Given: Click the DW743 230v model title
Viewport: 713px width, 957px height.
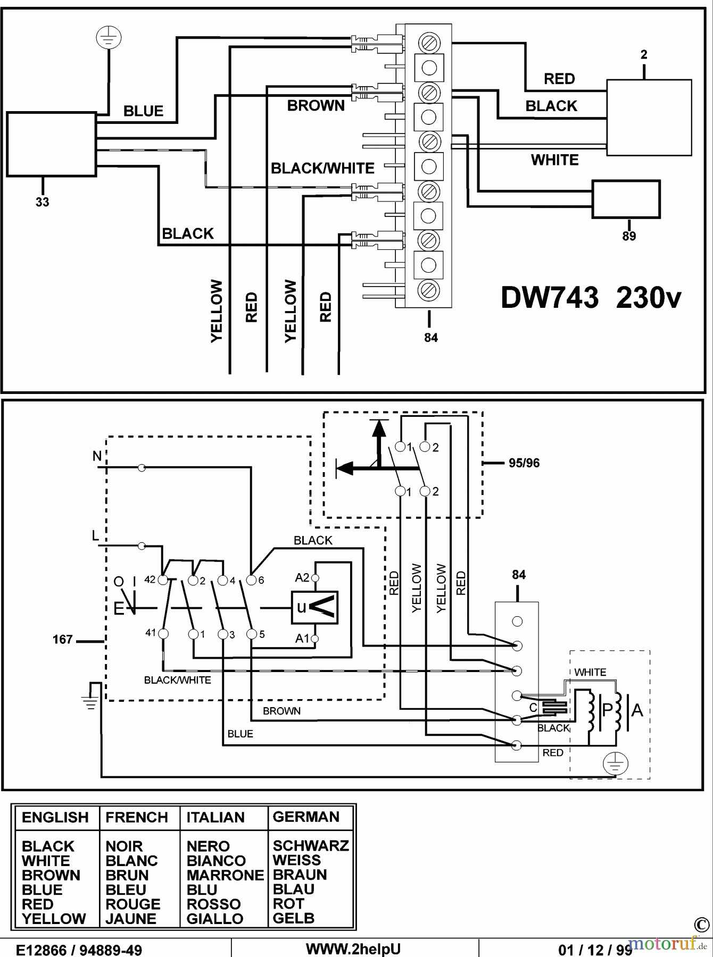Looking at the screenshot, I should [x=591, y=298].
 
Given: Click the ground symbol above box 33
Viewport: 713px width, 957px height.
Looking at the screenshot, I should [x=109, y=38].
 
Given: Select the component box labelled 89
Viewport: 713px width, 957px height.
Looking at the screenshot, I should [x=626, y=199].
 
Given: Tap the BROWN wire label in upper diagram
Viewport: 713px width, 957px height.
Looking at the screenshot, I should [x=316, y=106].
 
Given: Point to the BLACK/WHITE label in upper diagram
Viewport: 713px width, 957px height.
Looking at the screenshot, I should [x=322, y=169].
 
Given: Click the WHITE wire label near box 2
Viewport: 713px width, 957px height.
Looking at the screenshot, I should [x=554, y=160].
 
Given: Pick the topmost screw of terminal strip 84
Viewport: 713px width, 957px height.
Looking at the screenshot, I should [x=429, y=42].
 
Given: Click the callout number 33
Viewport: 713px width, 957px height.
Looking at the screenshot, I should [x=43, y=202].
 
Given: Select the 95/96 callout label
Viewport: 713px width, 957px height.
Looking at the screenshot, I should [x=524, y=463].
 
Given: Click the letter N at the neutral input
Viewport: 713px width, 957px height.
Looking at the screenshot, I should [x=97, y=456].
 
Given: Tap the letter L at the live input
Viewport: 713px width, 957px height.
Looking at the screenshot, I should [x=96, y=536].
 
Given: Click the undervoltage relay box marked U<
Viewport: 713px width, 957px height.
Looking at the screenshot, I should [x=314, y=607].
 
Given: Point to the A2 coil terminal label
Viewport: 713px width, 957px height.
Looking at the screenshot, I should [x=302, y=578].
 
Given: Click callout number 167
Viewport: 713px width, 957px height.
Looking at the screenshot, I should [x=62, y=640].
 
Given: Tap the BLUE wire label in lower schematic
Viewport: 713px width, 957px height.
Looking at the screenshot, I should [x=240, y=734].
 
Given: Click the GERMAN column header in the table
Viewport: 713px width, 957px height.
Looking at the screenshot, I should [x=306, y=817].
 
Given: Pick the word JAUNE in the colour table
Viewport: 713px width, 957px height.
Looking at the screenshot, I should [x=131, y=919].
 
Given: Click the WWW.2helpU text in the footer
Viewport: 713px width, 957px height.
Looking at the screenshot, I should [x=353, y=949].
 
